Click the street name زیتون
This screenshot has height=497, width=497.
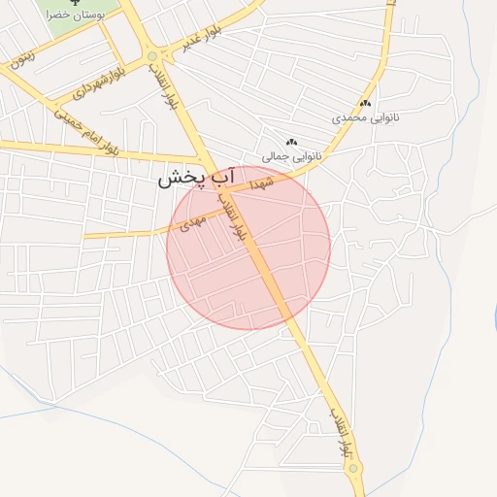pyautogui.click(x=22, y=55)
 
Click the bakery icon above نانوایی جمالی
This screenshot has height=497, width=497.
pyautogui.click(x=291, y=142)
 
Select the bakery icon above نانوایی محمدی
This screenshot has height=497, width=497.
pyautogui.click(x=365, y=103)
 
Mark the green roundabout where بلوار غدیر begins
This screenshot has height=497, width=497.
pyautogui.click(x=152, y=57)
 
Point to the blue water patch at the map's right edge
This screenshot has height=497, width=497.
pyautogui.click(x=494, y=315)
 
